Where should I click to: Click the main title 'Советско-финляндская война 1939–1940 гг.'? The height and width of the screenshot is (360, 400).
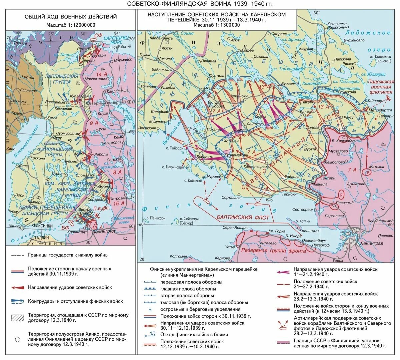click(200, 4)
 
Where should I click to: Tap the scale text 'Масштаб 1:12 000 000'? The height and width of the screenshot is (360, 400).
click(71, 25)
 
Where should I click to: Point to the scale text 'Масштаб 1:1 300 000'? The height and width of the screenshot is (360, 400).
click(217, 25)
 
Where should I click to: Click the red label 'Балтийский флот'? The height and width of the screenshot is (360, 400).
click(238, 217)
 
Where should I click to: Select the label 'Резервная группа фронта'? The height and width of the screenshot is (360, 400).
click(274, 250)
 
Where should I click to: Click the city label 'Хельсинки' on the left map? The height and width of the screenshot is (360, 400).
click(42, 226)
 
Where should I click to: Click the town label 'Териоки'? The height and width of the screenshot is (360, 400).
click(289, 194)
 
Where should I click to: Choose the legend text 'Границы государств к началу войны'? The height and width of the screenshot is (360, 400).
click(68, 255)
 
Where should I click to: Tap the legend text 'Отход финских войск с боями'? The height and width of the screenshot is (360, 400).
click(194, 334)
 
